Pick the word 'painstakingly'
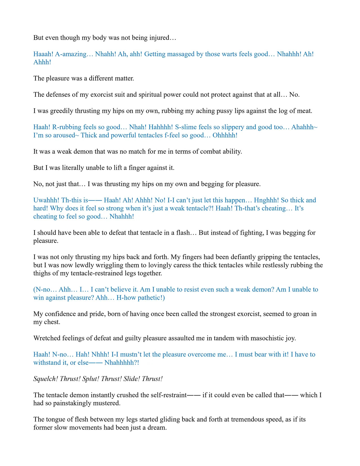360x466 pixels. (x=73, y=403)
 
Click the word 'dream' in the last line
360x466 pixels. (x=157, y=428)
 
